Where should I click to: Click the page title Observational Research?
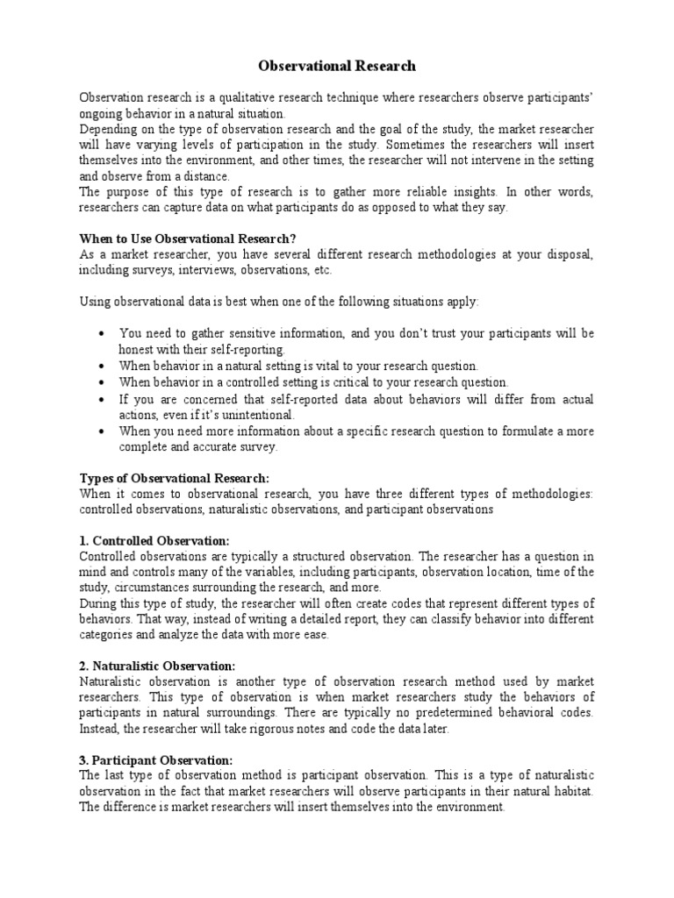click(x=337, y=66)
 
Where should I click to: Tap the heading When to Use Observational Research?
click(x=189, y=239)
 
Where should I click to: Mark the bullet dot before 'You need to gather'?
click(x=104, y=334)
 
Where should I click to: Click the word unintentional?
click(x=255, y=414)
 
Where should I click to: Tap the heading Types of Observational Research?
click(x=175, y=478)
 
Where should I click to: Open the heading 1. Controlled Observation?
click(x=154, y=540)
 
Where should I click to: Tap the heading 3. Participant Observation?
click(x=156, y=761)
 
